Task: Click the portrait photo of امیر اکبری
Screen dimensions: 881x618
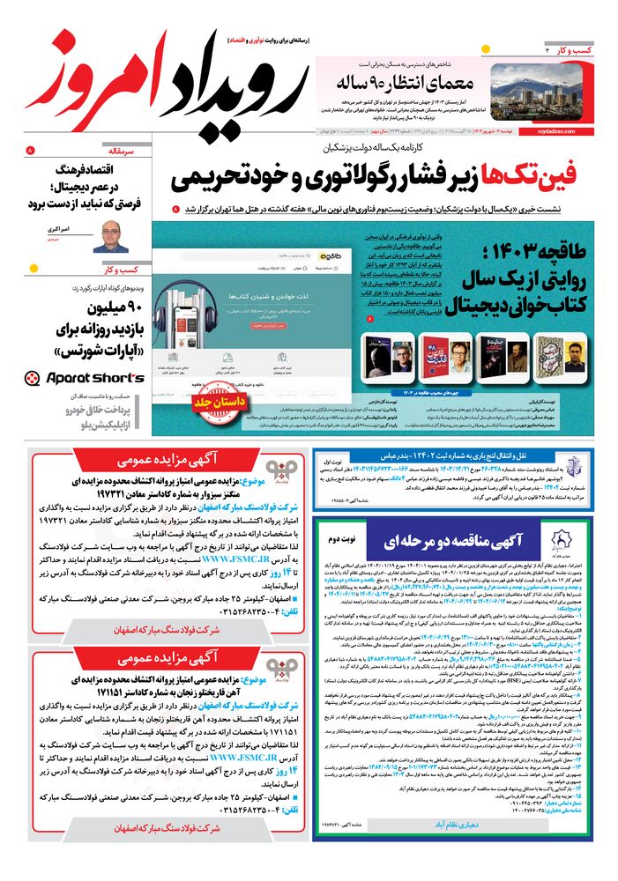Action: click(x=111, y=236)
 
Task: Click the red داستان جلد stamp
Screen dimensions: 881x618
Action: click(x=215, y=403)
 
